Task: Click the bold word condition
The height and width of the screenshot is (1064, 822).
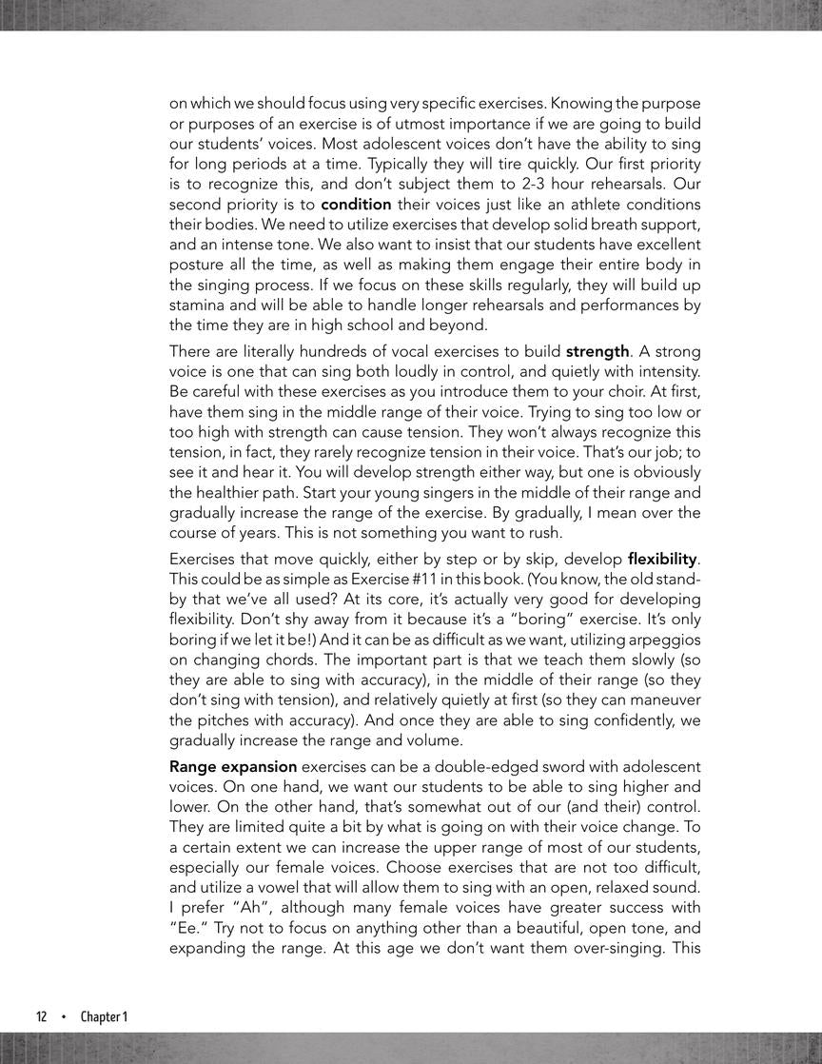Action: [357, 205]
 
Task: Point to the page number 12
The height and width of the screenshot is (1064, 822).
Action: [42, 1016]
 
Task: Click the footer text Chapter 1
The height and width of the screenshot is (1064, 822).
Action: [104, 1016]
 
